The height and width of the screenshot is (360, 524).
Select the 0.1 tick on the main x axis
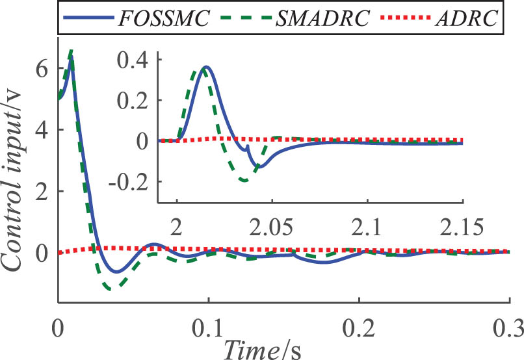click(x=208, y=326)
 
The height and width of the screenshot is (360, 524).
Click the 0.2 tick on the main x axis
click(x=358, y=326)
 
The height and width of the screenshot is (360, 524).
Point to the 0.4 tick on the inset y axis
click(x=133, y=59)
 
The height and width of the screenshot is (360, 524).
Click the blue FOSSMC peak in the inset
click(x=206, y=66)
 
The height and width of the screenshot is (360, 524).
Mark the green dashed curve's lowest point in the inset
click(x=244, y=180)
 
